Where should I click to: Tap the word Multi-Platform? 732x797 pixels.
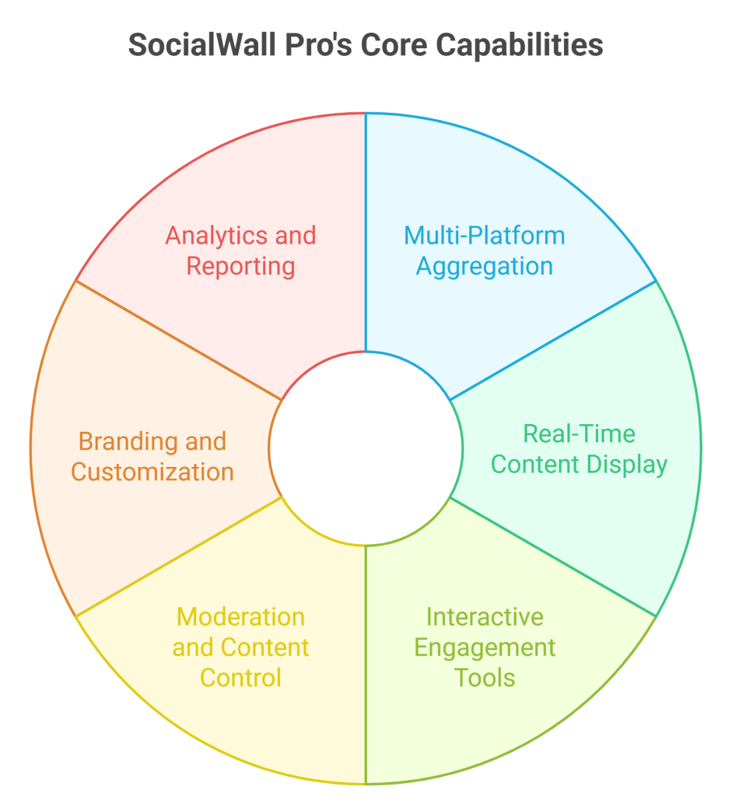tap(485, 236)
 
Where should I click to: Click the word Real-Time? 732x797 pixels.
tap(579, 434)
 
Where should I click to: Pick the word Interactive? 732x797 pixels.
tap(485, 617)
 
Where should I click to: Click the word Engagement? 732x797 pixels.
tap(485, 648)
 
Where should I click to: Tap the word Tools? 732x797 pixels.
tap(485, 678)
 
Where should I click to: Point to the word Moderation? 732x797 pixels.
tap(241, 617)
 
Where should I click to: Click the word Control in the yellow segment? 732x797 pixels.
tap(241, 678)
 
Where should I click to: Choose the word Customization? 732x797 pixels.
tap(152, 472)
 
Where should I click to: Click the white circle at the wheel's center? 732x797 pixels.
tap(366, 448)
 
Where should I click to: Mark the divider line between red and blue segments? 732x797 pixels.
tap(366, 232)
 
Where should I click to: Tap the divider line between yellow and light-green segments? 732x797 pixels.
tap(366, 665)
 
